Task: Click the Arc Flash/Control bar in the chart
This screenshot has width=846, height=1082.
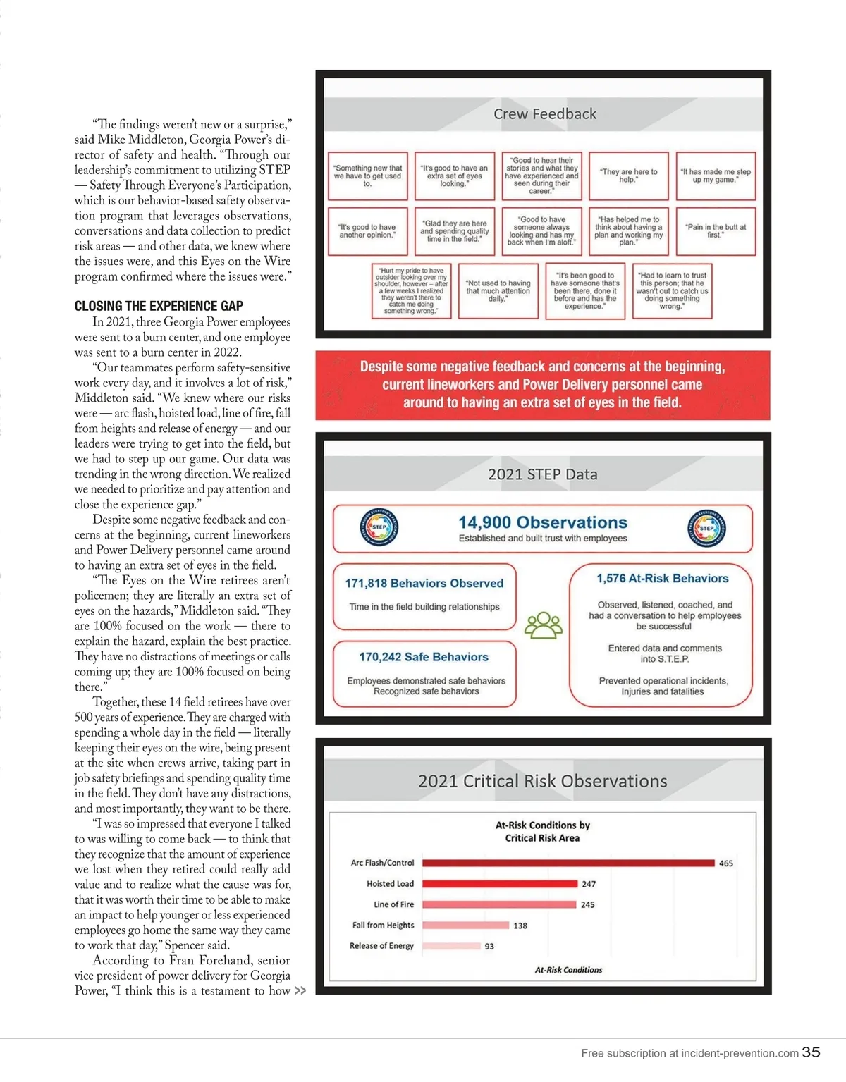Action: point(568,863)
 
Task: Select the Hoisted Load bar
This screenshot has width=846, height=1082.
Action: point(500,883)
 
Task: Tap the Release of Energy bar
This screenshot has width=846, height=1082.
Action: point(451,946)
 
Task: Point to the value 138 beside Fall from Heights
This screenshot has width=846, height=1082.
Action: point(520,926)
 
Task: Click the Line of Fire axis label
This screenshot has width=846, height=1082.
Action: point(393,904)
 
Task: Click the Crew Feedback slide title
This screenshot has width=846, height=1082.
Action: point(544,114)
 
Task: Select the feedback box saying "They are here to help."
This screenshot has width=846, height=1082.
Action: point(628,176)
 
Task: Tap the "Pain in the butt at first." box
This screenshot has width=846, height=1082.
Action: point(716,230)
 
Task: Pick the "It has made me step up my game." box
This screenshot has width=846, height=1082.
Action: point(716,176)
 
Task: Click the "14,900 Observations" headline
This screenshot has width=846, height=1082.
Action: point(542,522)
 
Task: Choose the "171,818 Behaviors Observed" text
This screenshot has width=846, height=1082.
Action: point(424,583)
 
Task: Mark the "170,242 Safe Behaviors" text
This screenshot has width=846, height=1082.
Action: point(424,657)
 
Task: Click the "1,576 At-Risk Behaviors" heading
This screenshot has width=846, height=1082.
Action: point(663,578)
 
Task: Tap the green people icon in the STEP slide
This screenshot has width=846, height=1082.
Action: point(543,625)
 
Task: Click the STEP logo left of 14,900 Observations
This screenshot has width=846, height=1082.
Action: point(379,527)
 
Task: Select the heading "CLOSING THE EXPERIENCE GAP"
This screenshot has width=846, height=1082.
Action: point(159,306)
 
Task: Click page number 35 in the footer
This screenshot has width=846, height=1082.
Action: point(811,1052)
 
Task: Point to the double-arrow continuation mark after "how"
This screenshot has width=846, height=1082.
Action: point(300,990)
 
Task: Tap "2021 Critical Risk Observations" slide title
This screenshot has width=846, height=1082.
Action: point(542,781)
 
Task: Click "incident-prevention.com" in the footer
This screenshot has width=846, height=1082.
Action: point(740,1053)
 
